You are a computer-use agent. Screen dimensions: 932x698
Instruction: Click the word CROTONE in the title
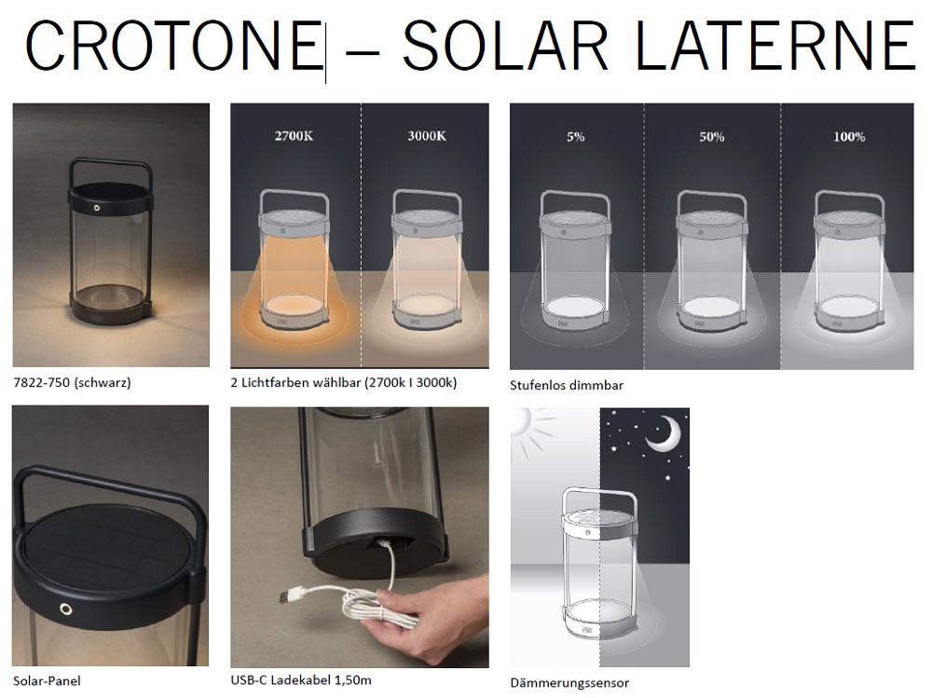[172, 45]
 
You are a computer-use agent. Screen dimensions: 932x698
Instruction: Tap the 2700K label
[294, 136]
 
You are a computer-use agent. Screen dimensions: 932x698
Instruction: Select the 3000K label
[427, 136]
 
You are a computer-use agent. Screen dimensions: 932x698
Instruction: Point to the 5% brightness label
[575, 137]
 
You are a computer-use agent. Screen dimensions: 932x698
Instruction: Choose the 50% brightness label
[711, 137]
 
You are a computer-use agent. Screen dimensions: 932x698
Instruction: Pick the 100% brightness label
[849, 137]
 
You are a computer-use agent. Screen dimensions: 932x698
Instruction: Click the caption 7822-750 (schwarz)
[72, 382]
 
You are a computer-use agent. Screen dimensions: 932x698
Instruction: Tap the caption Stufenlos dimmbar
[567, 385]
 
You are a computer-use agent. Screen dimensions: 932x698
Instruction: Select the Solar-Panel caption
[47, 680]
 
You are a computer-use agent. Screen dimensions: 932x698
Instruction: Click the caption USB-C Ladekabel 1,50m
[301, 679]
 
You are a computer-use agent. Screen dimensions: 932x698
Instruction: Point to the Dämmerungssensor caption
[569, 683]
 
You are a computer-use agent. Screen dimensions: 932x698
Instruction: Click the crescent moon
[665, 434]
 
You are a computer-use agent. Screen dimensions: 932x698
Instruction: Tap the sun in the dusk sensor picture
[528, 425]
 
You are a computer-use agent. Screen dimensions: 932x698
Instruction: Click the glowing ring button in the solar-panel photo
[64, 610]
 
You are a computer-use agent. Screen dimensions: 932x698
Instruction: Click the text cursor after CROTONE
[325, 51]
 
